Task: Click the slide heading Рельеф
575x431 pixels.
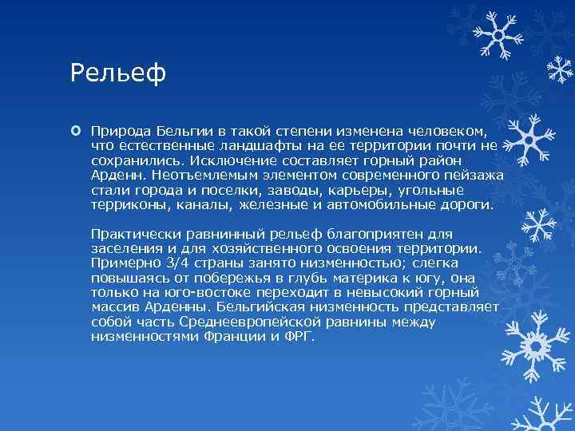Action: click(x=118, y=73)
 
